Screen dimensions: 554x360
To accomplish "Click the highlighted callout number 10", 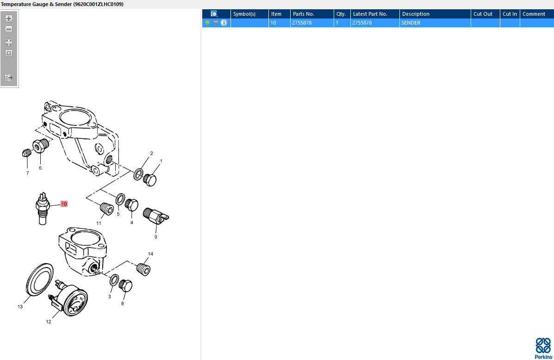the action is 64,204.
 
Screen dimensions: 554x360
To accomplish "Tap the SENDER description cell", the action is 411,23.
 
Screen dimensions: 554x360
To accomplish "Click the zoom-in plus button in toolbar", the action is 9,19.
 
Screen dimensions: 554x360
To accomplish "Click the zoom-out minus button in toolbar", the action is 9,29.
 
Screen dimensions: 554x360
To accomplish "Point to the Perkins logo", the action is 543,348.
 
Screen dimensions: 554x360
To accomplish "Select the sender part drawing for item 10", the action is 43,208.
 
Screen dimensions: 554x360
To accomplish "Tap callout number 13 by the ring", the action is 20,307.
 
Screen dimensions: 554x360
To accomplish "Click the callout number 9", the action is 156,237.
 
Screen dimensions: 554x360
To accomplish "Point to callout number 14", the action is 150,254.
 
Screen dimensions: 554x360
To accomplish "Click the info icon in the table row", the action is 224,23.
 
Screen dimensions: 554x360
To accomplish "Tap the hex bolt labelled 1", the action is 149,180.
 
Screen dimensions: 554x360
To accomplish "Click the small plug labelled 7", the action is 26,153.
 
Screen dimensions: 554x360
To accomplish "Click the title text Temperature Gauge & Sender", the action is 37,4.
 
